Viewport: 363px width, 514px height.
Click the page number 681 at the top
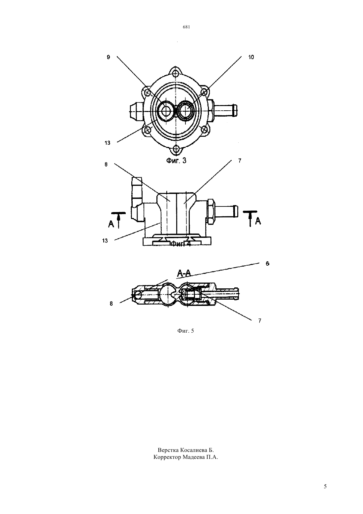[186, 27]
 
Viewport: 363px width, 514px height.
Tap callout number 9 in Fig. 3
[108, 57]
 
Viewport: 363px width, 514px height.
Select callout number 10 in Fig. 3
[251, 57]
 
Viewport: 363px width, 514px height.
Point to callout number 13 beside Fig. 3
[107, 143]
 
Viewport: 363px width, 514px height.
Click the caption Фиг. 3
[176, 161]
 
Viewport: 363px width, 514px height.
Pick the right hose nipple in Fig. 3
[226, 110]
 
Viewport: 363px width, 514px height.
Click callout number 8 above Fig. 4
[106, 165]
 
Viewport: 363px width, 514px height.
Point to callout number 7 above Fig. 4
[240, 161]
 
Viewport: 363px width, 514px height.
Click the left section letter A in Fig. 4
[111, 224]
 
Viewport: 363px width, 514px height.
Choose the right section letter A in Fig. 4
[258, 221]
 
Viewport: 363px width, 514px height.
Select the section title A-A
[184, 273]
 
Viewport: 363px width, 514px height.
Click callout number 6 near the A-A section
[267, 263]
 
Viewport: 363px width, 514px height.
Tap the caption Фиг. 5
[185, 331]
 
